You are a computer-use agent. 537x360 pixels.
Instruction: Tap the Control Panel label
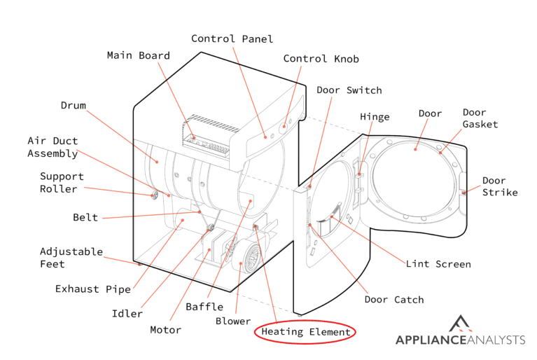(232, 39)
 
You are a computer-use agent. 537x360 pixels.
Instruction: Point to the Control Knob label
(321, 59)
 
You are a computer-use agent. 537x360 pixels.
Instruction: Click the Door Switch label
(349, 90)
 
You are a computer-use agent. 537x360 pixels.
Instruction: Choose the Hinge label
(375, 117)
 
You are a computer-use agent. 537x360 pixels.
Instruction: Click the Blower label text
(232, 321)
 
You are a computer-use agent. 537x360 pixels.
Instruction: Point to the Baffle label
(204, 307)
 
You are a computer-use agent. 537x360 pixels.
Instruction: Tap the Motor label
(165, 330)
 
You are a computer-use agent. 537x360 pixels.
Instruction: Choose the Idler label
(127, 313)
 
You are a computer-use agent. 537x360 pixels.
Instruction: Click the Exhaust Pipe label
(87, 289)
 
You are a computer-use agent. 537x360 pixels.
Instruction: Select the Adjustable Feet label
(62, 258)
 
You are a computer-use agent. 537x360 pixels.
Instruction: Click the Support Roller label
(62, 183)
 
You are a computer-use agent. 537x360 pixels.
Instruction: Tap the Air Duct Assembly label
(53, 147)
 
